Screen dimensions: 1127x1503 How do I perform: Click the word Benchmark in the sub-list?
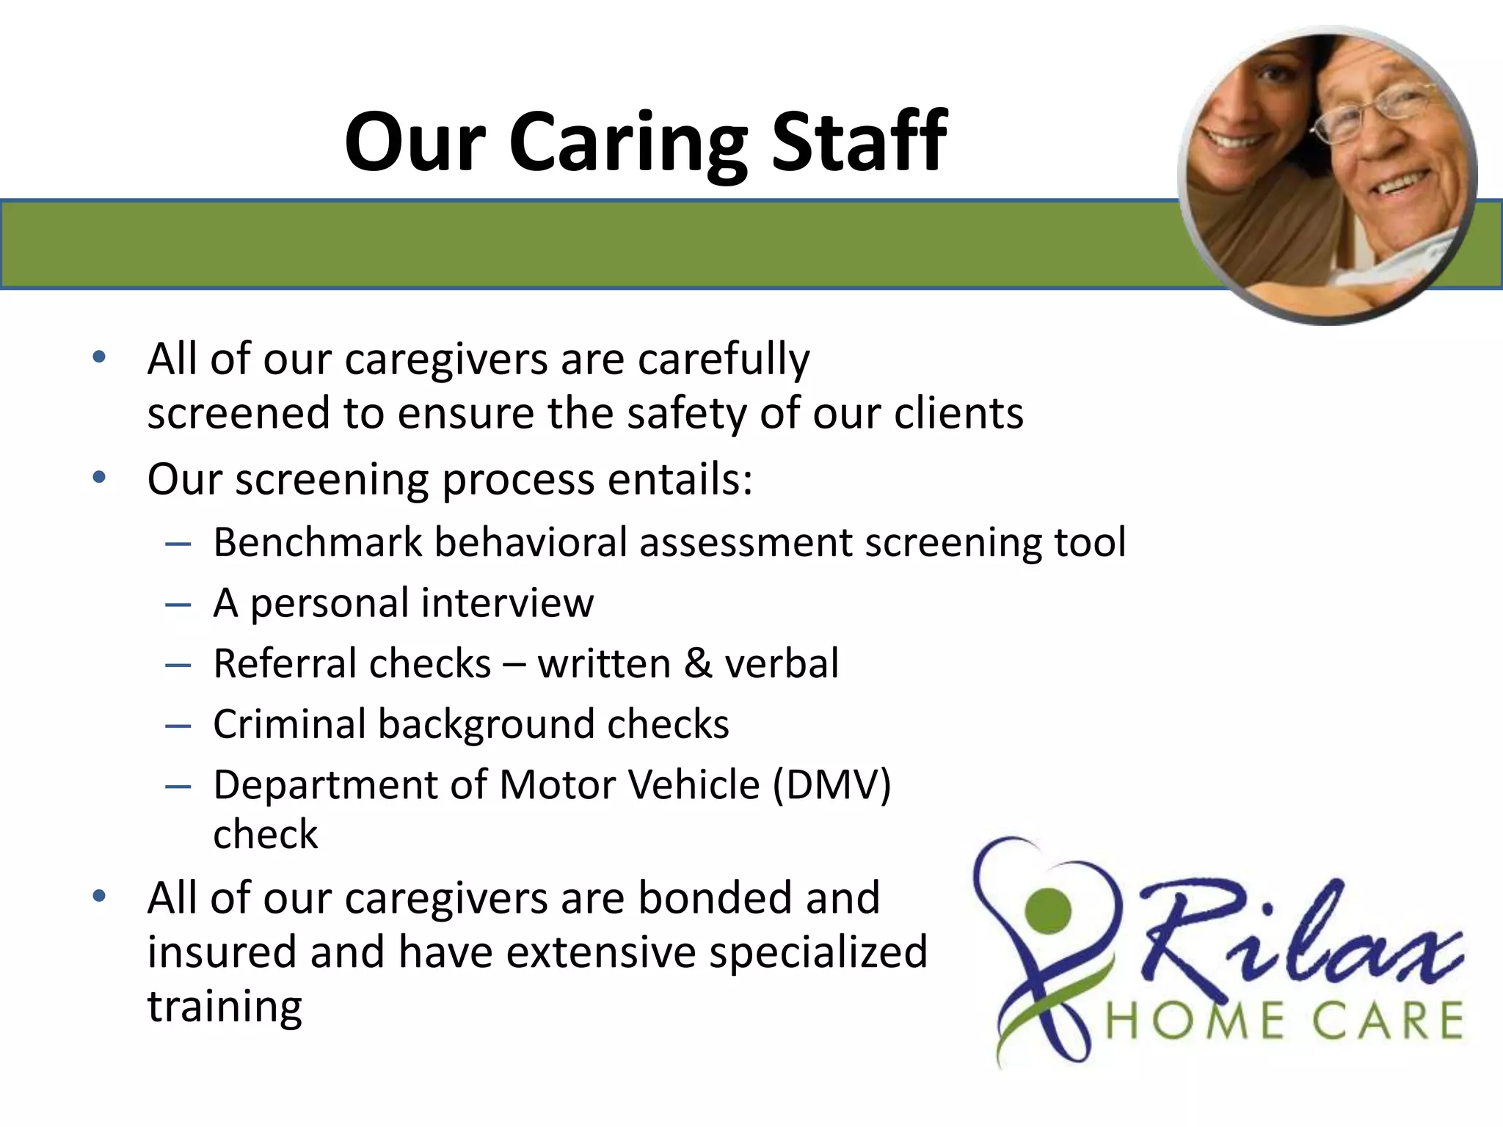pos(318,543)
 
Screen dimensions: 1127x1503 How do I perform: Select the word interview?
pos(507,603)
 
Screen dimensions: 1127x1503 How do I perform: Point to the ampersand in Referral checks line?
pos(697,663)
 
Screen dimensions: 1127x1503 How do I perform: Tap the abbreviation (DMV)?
pos(831,784)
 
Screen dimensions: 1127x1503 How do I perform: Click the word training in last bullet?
pos(225,1007)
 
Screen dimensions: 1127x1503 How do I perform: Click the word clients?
pos(958,413)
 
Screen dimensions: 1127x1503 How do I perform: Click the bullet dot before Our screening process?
pos(100,478)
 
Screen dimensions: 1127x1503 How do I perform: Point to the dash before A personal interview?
pos(178,605)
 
